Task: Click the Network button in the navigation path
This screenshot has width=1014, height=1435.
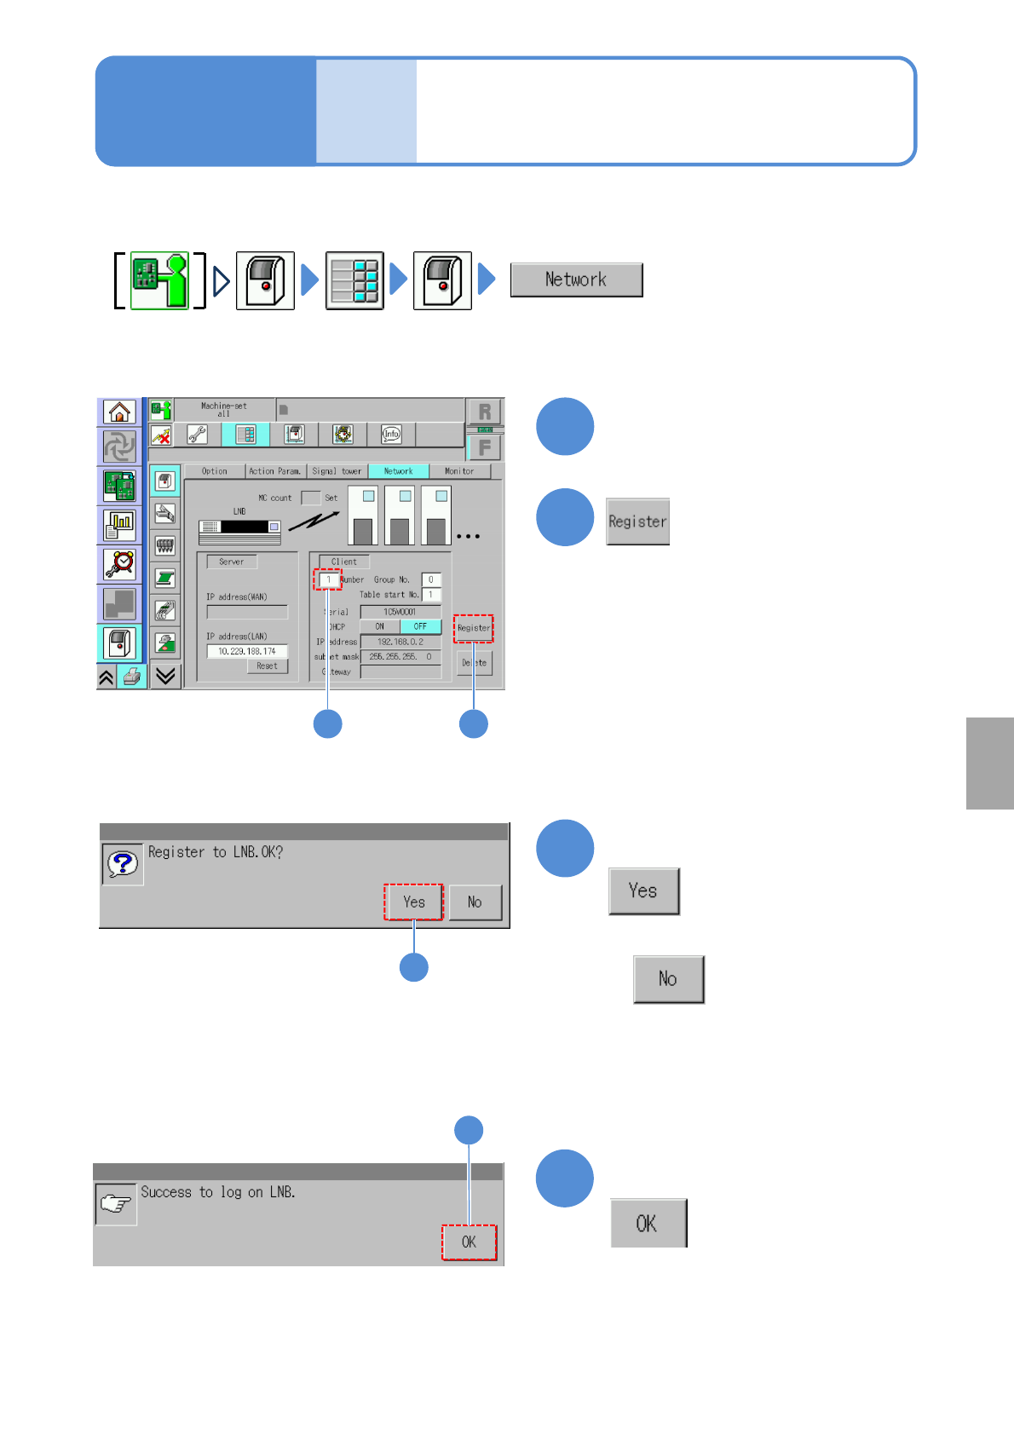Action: click(576, 280)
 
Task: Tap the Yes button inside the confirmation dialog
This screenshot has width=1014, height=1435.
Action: click(413, 902)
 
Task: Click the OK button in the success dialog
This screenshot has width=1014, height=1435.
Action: click(469, 1242)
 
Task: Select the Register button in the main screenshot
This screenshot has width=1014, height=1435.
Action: click(473, 628)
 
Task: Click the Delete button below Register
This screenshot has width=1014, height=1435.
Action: click(475, 662)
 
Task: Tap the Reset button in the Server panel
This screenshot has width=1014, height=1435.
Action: click(267, 666)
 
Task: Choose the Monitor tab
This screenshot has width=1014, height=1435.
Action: click(459, 471)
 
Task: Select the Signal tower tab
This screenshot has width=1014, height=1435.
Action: click(337, 471)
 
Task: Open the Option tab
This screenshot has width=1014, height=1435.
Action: click(215, 471)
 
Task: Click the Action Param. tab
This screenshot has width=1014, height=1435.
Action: click(274, 471)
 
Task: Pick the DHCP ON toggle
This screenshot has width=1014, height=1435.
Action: click(380, 626)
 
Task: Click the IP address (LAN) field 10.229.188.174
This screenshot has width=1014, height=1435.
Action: click(247, 651)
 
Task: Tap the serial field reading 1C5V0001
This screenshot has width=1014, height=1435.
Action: click(400, 612)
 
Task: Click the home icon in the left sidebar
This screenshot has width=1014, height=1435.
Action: click(119, 412)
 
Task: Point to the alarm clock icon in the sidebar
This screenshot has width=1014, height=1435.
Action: click(120, 563)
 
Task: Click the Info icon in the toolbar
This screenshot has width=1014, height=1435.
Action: click(391, 435)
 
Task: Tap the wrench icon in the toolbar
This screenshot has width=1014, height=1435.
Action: click(197, 435)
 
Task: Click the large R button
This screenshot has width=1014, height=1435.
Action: click(484, 412)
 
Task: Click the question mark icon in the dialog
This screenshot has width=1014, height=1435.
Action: click(122, 864)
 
